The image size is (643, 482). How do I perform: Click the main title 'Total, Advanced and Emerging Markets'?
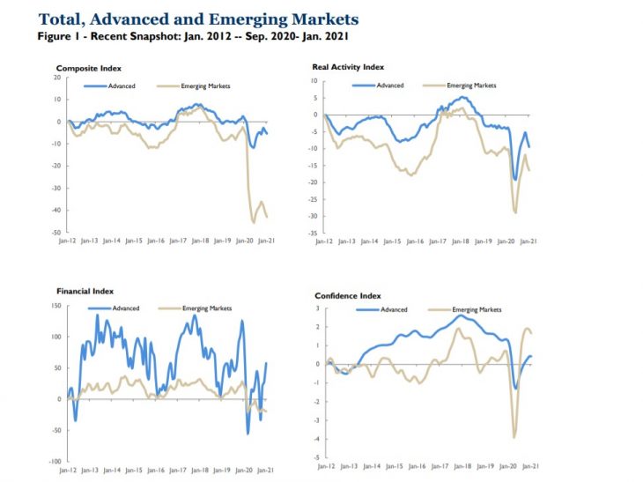[198, 19]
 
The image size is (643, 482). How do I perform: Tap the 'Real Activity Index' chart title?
[348, 67]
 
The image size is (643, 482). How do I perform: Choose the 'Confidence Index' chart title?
[348, 296]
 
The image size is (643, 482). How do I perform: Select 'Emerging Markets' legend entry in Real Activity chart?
[471, 85]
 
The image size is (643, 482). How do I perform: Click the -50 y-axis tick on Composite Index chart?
[55, 232]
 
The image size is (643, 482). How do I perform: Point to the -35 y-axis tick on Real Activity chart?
[311, 234]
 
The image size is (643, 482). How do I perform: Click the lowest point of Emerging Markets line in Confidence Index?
[514, 437]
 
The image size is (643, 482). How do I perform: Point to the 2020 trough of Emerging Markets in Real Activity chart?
[515, 212]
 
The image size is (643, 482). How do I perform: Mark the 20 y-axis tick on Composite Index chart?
[56, 78]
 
